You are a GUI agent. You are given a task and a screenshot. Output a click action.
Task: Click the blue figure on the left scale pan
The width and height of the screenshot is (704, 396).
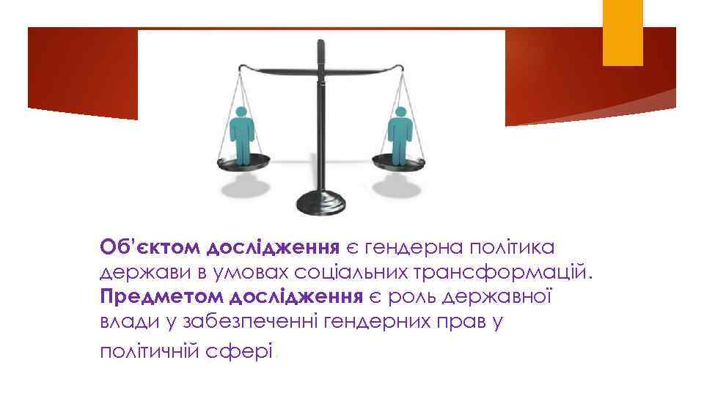point(241,135)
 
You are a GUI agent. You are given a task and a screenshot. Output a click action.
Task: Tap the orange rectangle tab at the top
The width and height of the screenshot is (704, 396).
point(623,32)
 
